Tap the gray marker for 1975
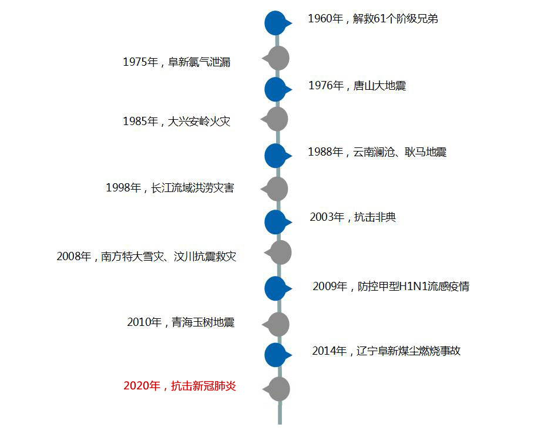pos(278,58)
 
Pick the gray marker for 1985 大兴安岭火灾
pos(277,119)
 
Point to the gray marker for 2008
pos(280,253)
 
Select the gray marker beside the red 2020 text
pos(279,389)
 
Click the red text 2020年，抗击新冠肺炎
pos(180,386)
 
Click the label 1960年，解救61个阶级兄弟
pos(373,19)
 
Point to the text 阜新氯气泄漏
pos(199,62)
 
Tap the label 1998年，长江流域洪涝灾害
pos(170,188)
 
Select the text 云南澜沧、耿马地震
pos(400,152)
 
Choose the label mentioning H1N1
pos(391,287)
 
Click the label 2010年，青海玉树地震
pos(181,322)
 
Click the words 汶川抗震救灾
pos(205,257)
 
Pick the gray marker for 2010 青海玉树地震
pos(278,325)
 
